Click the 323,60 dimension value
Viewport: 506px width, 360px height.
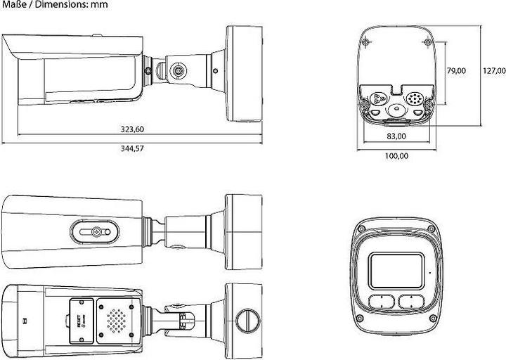tap(131, 129)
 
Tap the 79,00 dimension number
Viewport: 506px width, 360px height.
tap(456, 70)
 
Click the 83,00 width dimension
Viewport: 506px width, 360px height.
tap(396, 136)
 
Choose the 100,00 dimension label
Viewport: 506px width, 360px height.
tap(396, 155)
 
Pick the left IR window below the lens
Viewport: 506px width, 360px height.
tap(379, 302)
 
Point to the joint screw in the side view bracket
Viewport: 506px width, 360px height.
tap(177, 71)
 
